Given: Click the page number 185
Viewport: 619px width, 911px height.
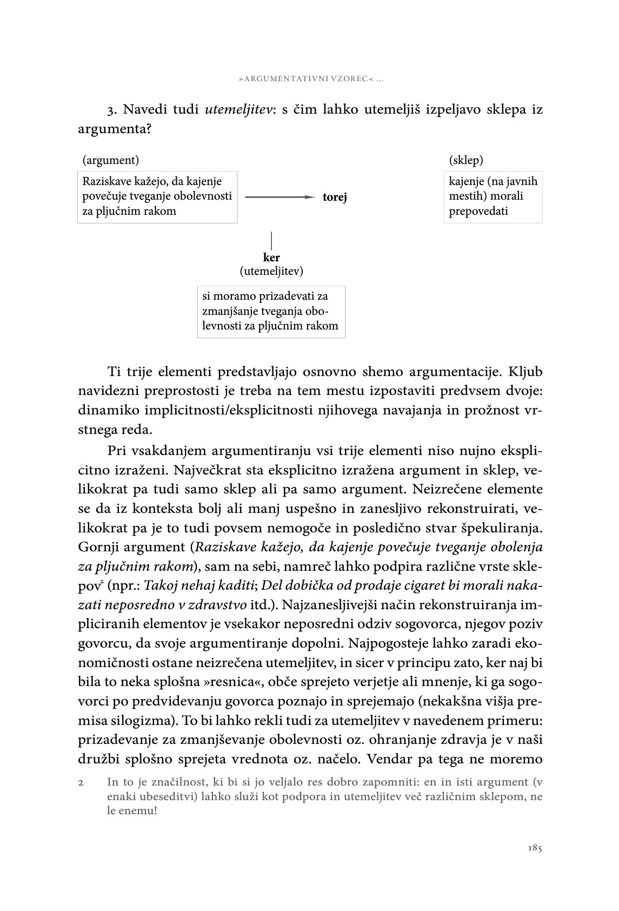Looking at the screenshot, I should (x=535, y=848).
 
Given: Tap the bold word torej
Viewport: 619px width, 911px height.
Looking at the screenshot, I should (x=335, y=197).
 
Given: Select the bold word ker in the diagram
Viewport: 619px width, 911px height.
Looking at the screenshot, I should (x=271, y=258).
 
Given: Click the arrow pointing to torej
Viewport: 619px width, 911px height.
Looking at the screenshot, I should (x=279, y=197).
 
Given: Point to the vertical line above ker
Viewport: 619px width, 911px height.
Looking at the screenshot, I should (x=271, y=240).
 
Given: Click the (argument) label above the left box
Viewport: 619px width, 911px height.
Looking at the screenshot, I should (x=111, y=160).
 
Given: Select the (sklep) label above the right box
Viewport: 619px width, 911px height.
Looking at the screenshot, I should (x=466, y=160).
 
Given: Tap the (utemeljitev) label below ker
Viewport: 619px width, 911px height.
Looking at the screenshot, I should (x=271, y=271).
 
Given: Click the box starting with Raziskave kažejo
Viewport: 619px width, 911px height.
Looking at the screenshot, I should (x=157, y=196).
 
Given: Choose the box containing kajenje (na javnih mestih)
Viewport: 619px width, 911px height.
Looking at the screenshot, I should (x=493, y=196).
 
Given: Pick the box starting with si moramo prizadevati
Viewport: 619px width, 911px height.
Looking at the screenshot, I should (x=271, y=312).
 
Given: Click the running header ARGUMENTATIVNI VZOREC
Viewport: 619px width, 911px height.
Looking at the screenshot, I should (x=307, y=80).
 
